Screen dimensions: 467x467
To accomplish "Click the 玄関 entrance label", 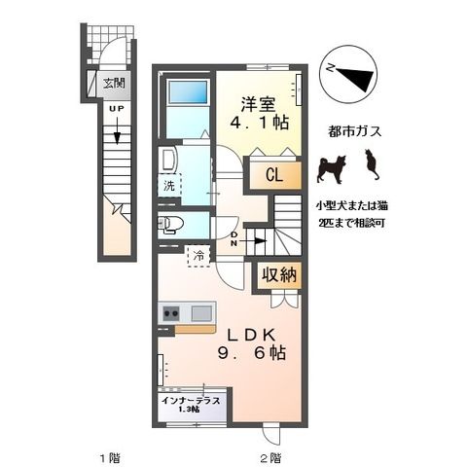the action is (114, 84).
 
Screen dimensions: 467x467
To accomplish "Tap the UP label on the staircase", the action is (116, 109).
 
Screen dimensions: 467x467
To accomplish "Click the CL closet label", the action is (274, 175).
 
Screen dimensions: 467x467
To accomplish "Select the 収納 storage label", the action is (279, 275).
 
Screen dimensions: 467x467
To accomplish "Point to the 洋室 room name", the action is (258, 104).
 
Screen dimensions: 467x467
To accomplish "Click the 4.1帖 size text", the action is (259, 124).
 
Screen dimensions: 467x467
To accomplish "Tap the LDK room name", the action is (251, 335).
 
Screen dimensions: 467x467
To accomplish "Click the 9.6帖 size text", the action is (252, 353).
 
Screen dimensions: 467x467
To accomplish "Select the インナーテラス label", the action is (191, 401).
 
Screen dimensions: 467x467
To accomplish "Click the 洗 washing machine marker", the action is (169, 186).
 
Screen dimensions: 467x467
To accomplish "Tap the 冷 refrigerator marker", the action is (198, 256).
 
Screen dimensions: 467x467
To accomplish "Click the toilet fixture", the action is (170, 224).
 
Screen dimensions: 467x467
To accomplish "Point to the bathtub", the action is (187, 92).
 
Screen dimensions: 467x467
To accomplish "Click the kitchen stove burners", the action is (171, 313).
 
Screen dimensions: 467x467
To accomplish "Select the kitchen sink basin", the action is (201, 313).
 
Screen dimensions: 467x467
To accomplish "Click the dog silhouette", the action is (332, 169).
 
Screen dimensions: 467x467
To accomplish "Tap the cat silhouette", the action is (372, 164).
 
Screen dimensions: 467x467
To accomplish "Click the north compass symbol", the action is (348, 76).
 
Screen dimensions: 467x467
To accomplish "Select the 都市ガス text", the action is (354, 132).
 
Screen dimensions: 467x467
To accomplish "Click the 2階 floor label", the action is (270, 458).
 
